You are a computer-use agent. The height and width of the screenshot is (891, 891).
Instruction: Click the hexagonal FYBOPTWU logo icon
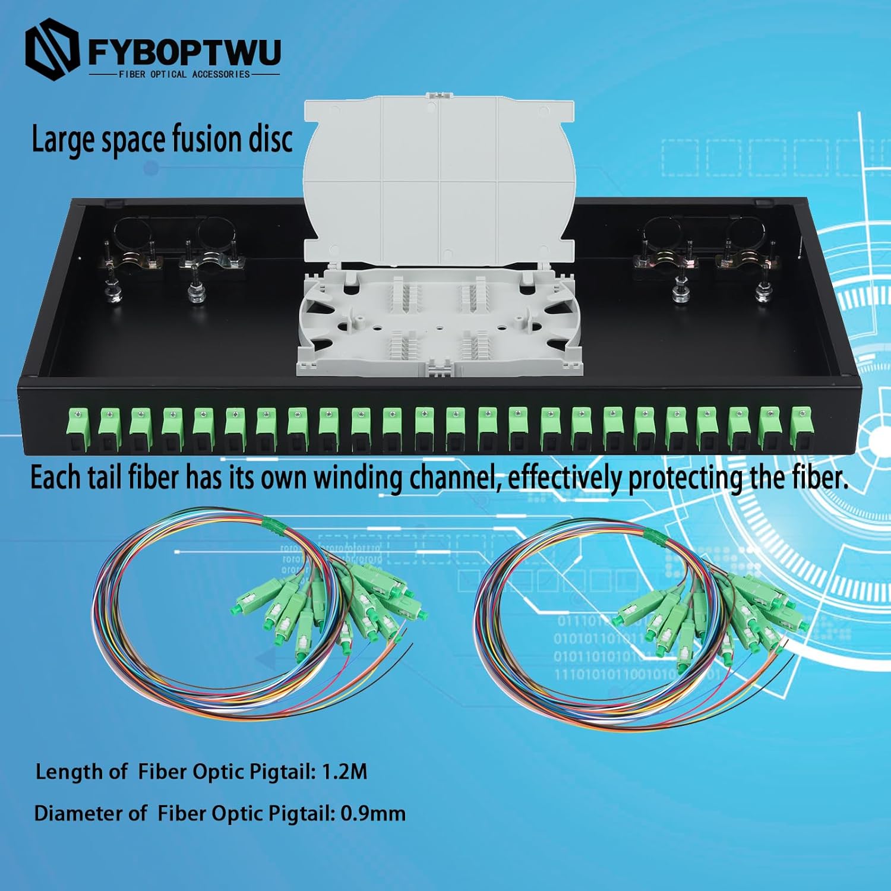click(52, 49)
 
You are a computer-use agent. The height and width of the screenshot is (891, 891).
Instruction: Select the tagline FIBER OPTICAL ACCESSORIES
click(184, 74)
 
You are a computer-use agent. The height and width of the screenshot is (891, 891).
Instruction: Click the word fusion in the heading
click(207, 140)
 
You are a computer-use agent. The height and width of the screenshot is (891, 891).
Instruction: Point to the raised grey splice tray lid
click(440, 178)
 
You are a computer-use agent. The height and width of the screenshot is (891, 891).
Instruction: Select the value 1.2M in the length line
click(345, 772)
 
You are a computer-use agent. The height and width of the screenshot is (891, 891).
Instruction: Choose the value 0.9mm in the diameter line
click(373, 813)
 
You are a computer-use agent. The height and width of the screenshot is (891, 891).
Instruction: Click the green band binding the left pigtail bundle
click(272, 523)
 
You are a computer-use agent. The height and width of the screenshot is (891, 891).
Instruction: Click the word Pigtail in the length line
click(282, 772)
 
